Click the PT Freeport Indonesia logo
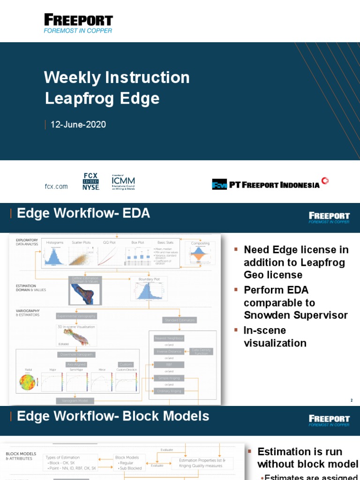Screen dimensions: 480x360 270,184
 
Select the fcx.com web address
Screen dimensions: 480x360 56,186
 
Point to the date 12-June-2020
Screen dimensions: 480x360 78,125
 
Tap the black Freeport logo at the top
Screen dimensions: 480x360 78,23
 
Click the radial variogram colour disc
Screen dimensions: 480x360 27,382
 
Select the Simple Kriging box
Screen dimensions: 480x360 169,378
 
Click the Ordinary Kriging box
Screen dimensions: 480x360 169,391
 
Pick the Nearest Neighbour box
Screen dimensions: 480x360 169,338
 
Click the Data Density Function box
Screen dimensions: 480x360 202,351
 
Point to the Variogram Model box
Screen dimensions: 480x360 75,401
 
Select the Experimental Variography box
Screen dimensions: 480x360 76,316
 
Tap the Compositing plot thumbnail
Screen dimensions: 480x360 200,255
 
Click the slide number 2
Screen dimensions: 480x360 351,400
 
